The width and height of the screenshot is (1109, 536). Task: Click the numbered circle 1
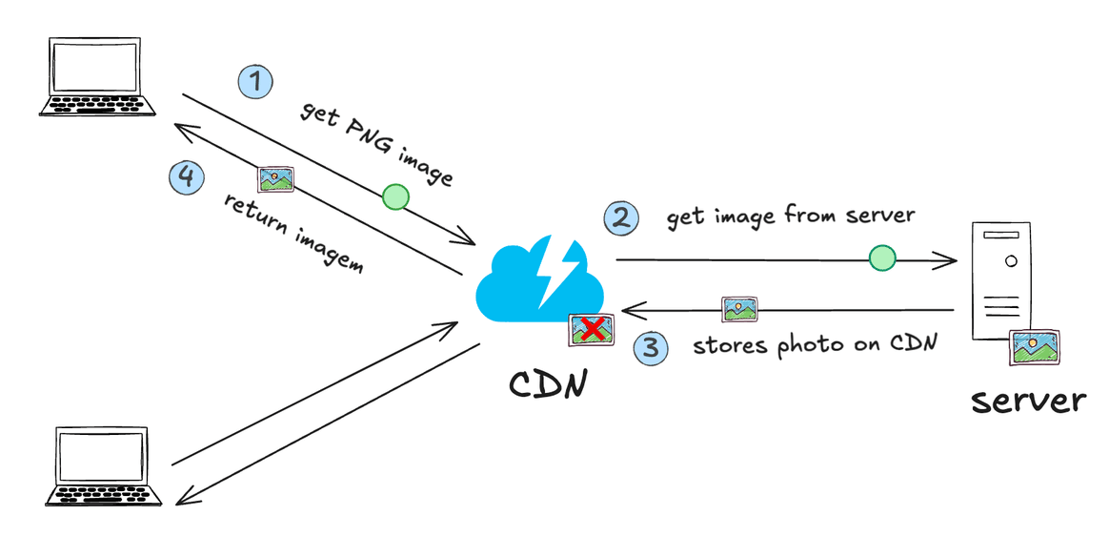coord(254,80)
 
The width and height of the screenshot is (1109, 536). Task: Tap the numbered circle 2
coord(620,218)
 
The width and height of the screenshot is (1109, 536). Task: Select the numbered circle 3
coord(651,346)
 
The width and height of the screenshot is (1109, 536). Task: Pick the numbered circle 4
coord(186,176)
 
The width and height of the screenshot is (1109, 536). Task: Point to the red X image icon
coord(592,330)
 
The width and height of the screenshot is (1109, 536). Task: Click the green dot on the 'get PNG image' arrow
coord(395,197)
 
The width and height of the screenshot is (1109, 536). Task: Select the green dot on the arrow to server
coord(882,257)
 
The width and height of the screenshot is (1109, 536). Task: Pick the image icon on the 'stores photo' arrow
coord(739,309)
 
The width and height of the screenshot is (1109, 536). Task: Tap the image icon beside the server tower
coord(1035,346)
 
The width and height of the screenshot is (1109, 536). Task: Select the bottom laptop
coord(100,467)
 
